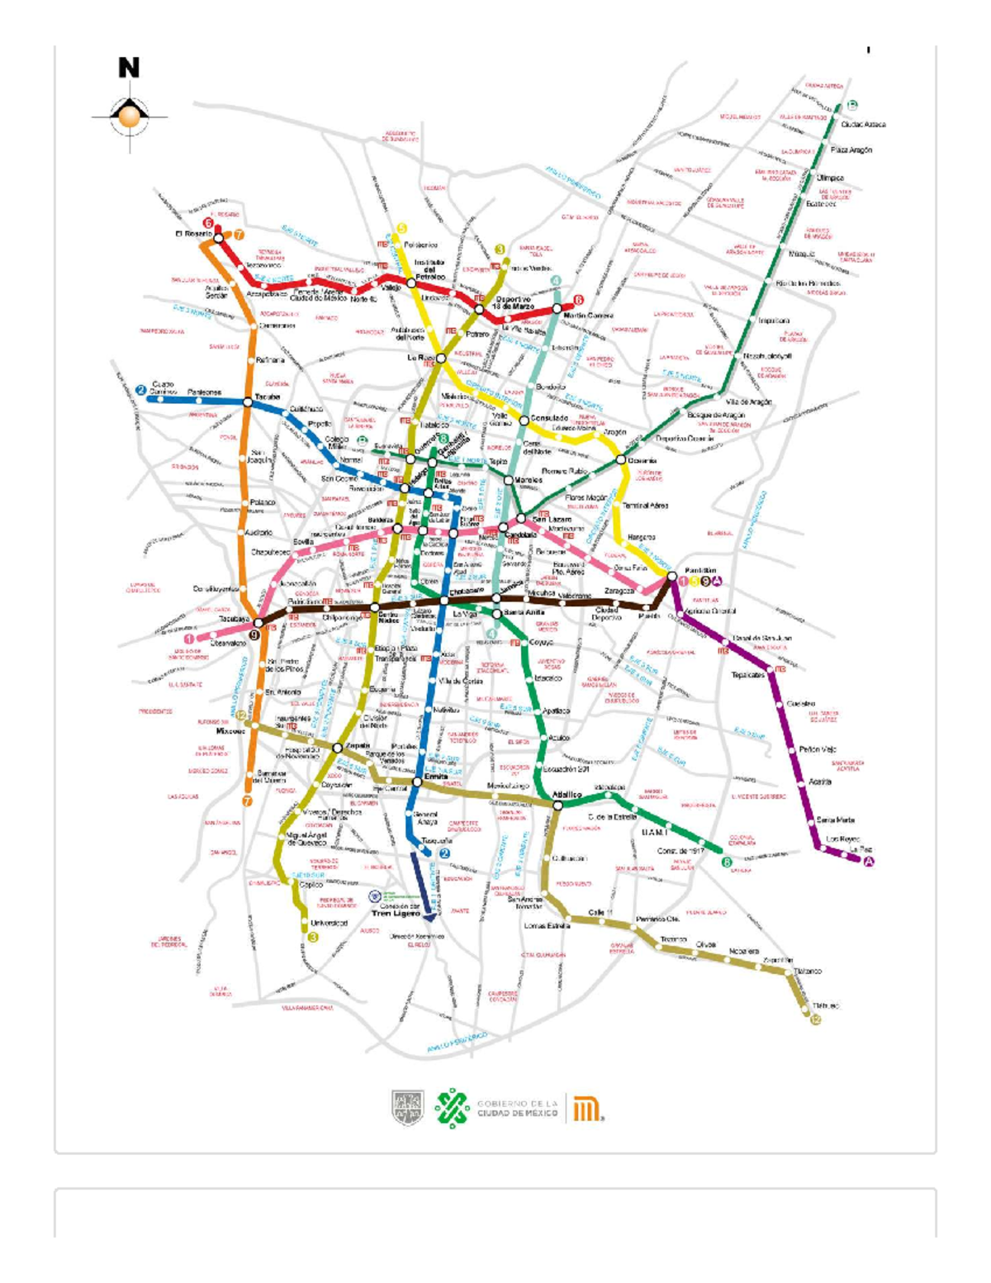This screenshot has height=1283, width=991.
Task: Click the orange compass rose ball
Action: (x=129, y=117)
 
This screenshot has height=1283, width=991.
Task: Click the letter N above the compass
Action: (x=129, y=68)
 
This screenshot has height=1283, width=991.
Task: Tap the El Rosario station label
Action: (x=193, y=234)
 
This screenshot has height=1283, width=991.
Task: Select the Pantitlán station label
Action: (x=699, y=571)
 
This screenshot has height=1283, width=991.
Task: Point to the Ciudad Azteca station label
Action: (x=863, y=125)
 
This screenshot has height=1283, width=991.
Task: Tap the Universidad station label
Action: (x=329, y=923)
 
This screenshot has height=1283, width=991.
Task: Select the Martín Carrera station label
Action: (x=588, y=316)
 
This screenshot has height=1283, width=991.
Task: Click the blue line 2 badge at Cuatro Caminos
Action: (x=141, y=390)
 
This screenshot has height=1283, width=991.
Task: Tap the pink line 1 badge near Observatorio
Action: (x=189, y=639)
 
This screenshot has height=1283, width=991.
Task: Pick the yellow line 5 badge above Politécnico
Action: (x=401, y=228)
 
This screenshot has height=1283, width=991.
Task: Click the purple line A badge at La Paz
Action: (x=868, y=862)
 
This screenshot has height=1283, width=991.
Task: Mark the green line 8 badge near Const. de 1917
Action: (x=727, y=862)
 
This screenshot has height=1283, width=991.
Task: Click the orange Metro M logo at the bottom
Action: (x=587, y=1108)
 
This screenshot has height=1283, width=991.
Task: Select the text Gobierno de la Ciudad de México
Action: (x=517, y=1108)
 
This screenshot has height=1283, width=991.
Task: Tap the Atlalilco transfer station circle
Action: (x=558, y=805)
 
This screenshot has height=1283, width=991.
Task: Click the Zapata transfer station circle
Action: (x=338, y=748)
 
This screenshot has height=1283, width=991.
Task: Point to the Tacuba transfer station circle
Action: (x=248, y=402)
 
